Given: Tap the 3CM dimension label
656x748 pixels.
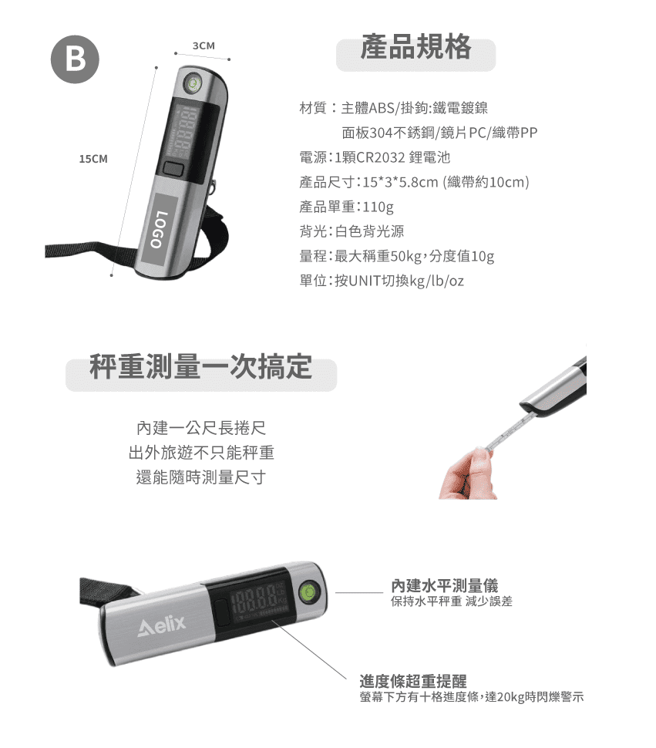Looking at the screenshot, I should tap(204, 46).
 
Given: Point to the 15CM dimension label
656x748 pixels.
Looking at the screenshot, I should tap(93, 159).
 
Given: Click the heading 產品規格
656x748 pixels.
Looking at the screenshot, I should tap(415, 49).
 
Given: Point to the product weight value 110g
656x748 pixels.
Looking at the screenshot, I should tap(378, 207).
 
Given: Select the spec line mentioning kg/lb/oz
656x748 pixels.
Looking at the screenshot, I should tap(382, 281).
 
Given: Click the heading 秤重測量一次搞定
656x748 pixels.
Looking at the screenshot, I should tap(200, 368).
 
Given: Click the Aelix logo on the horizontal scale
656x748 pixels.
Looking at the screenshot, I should tap(161, 627).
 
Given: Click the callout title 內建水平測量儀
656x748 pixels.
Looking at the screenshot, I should tap(444, 586).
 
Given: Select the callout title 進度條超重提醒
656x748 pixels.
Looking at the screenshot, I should tap(413, 682).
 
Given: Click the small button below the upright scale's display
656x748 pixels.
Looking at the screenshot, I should tap(172, 170).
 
